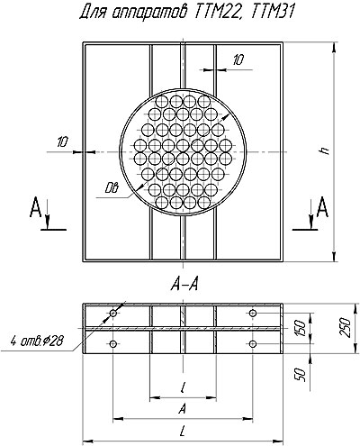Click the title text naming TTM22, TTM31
185,14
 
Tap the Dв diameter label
112,188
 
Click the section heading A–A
184,285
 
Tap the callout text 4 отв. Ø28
37,341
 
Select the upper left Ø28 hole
113,314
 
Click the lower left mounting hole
113,343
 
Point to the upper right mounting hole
253,314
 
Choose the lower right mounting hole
253,343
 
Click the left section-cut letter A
35,207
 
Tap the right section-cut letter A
322,207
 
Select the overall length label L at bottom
182,432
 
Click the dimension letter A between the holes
182,409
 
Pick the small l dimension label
183,387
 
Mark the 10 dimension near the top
238,60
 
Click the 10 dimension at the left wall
62,141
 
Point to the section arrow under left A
47,222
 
